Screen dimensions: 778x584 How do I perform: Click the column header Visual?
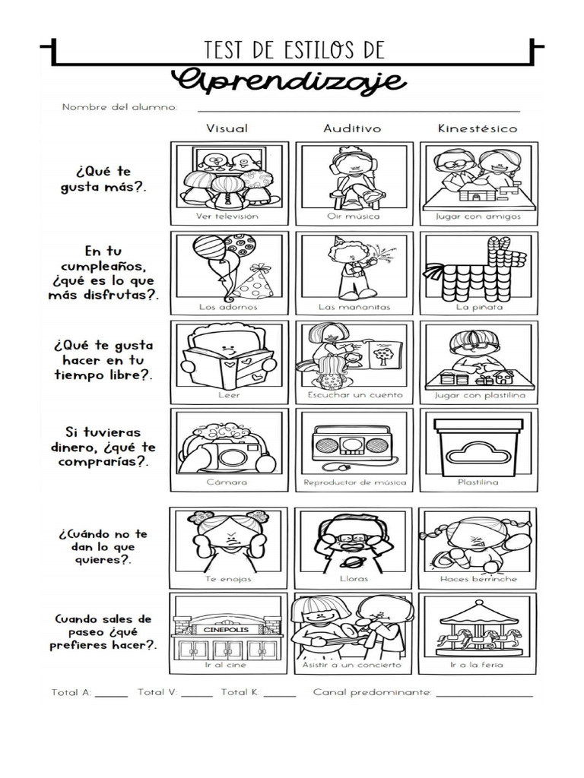coord(227,128)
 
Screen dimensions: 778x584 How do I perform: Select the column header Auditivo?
coord(352,128)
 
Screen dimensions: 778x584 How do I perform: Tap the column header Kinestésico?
coord(477,128)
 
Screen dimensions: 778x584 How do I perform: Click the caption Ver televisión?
coord(227,217)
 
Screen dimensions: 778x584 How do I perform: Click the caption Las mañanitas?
coord(352,308)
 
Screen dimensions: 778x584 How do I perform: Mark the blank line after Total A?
coord(112,694)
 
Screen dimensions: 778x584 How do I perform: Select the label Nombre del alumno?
coord(119,107)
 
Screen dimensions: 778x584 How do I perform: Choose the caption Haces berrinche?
coord(478,578)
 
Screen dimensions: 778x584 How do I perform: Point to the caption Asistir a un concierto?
coord(353,666)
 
